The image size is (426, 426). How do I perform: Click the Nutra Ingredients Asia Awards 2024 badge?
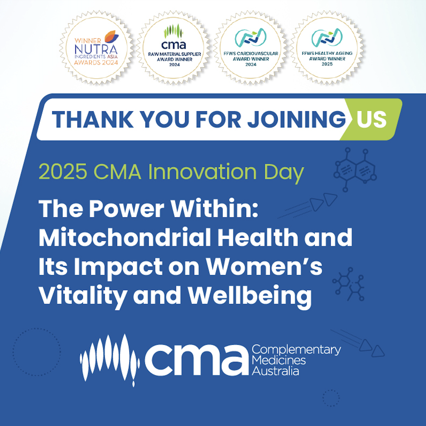(96, 48)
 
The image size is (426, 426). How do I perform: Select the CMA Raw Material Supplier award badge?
(174, 48)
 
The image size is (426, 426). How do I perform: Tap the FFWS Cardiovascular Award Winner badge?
(251, 48)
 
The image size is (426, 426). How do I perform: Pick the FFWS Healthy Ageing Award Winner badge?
(327, 48)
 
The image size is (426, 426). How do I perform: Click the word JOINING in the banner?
(296, 120)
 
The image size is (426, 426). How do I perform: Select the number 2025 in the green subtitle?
(63, 172)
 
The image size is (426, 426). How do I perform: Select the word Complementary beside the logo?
(296, 350)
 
